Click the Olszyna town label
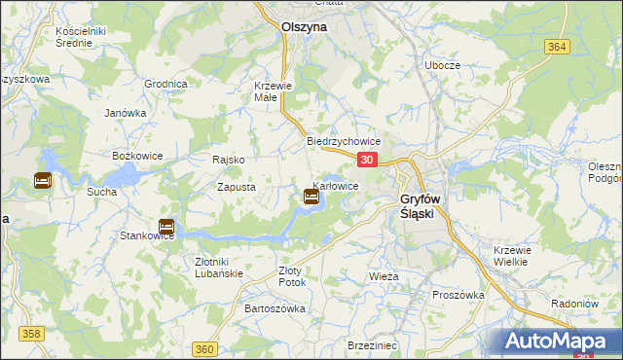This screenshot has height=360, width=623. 304,28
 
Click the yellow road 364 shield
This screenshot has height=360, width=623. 556,47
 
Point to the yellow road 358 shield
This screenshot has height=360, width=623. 32,334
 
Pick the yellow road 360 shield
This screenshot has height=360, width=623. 204,349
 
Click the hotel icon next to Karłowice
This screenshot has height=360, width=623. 311,197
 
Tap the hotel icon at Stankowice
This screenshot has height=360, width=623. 166,227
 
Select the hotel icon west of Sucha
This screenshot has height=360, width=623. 43,180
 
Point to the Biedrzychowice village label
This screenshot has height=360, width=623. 343,141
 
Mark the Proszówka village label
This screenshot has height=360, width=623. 458,295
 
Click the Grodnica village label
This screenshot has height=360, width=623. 165,84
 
